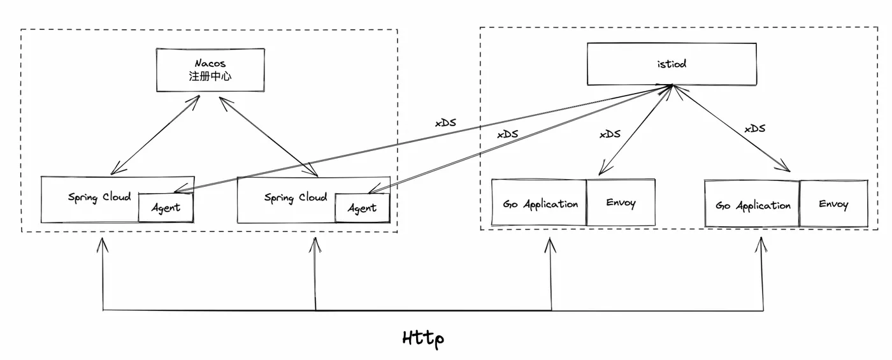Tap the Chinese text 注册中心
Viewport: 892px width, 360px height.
pyautogui.click(x=210, y=76)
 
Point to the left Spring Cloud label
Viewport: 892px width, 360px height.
pyautogui.click(x=99, y=198)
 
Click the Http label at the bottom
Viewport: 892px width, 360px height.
pyautogui.click(x=423, y=339)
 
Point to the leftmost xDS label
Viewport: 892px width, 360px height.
pyautogui.click(x=445, y=122)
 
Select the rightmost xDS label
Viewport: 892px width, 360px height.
pyautogui.click(x=755, y=128)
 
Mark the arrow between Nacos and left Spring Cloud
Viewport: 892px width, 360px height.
pyautogui.click(x=155, y=135)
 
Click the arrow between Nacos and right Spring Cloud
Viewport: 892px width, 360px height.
pyautogui.click(x=268, y=136)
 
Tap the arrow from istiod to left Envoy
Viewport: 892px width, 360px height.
pyautogui.click(x=636, y=130)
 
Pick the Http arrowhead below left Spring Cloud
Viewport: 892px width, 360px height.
pyautogui.click(x=103, y=245)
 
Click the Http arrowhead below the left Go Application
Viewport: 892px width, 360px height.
pyautogui.click(x=550, y=245)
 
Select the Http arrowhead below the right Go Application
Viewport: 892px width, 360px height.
pyautogui.click(x=761, y=244)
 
